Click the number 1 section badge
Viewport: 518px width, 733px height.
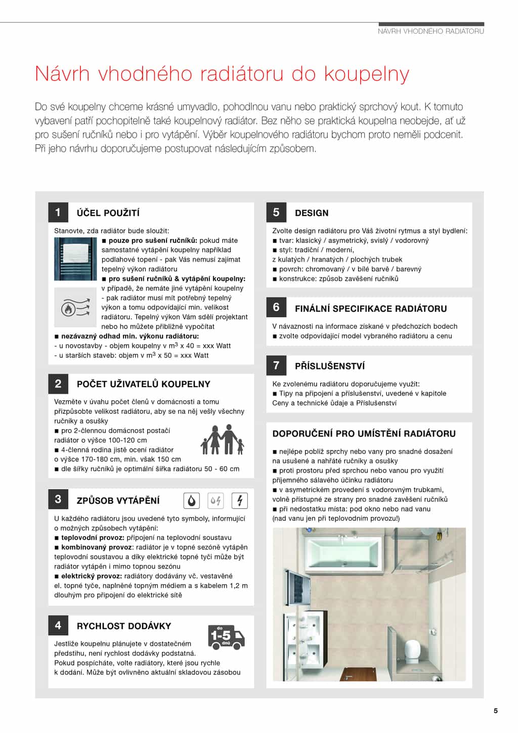click(58, 213)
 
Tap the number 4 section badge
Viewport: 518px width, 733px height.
click(58, 626)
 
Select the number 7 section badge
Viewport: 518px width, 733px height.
click(276, 365)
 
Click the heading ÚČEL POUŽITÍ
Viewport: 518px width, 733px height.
click(108, 213)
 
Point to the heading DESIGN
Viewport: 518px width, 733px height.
click(312, 213)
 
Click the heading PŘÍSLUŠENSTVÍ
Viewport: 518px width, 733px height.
click(330, 366)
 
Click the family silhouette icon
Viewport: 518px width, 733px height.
click(223, 439)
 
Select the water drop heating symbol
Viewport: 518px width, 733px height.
click(191, 501)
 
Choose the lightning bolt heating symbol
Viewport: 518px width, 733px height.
click(239, 501)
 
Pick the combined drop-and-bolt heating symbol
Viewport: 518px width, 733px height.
click(215, 501)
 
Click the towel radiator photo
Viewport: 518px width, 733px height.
click(75, 259)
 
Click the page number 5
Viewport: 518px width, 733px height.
click(496, 711)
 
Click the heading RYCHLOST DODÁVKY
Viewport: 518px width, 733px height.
click(124, 626)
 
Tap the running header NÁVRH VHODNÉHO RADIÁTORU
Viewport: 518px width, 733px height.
click(431, 31)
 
